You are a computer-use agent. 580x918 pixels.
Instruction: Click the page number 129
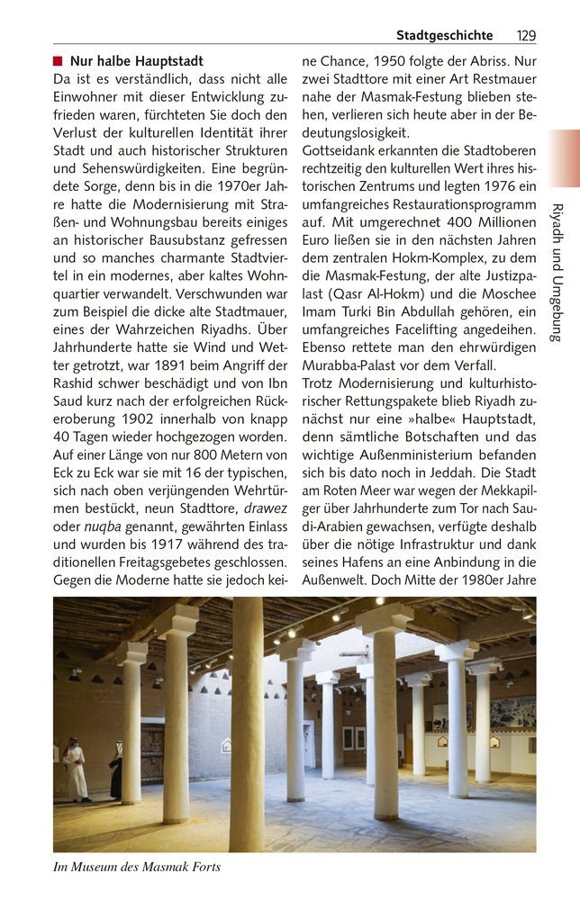tap(526, 35)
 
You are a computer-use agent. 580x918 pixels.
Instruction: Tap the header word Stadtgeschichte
tap(444, 35)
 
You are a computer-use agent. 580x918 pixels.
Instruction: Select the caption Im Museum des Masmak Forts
tap(136, 868)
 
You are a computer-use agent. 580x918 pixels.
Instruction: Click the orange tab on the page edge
tap(564, 158)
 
